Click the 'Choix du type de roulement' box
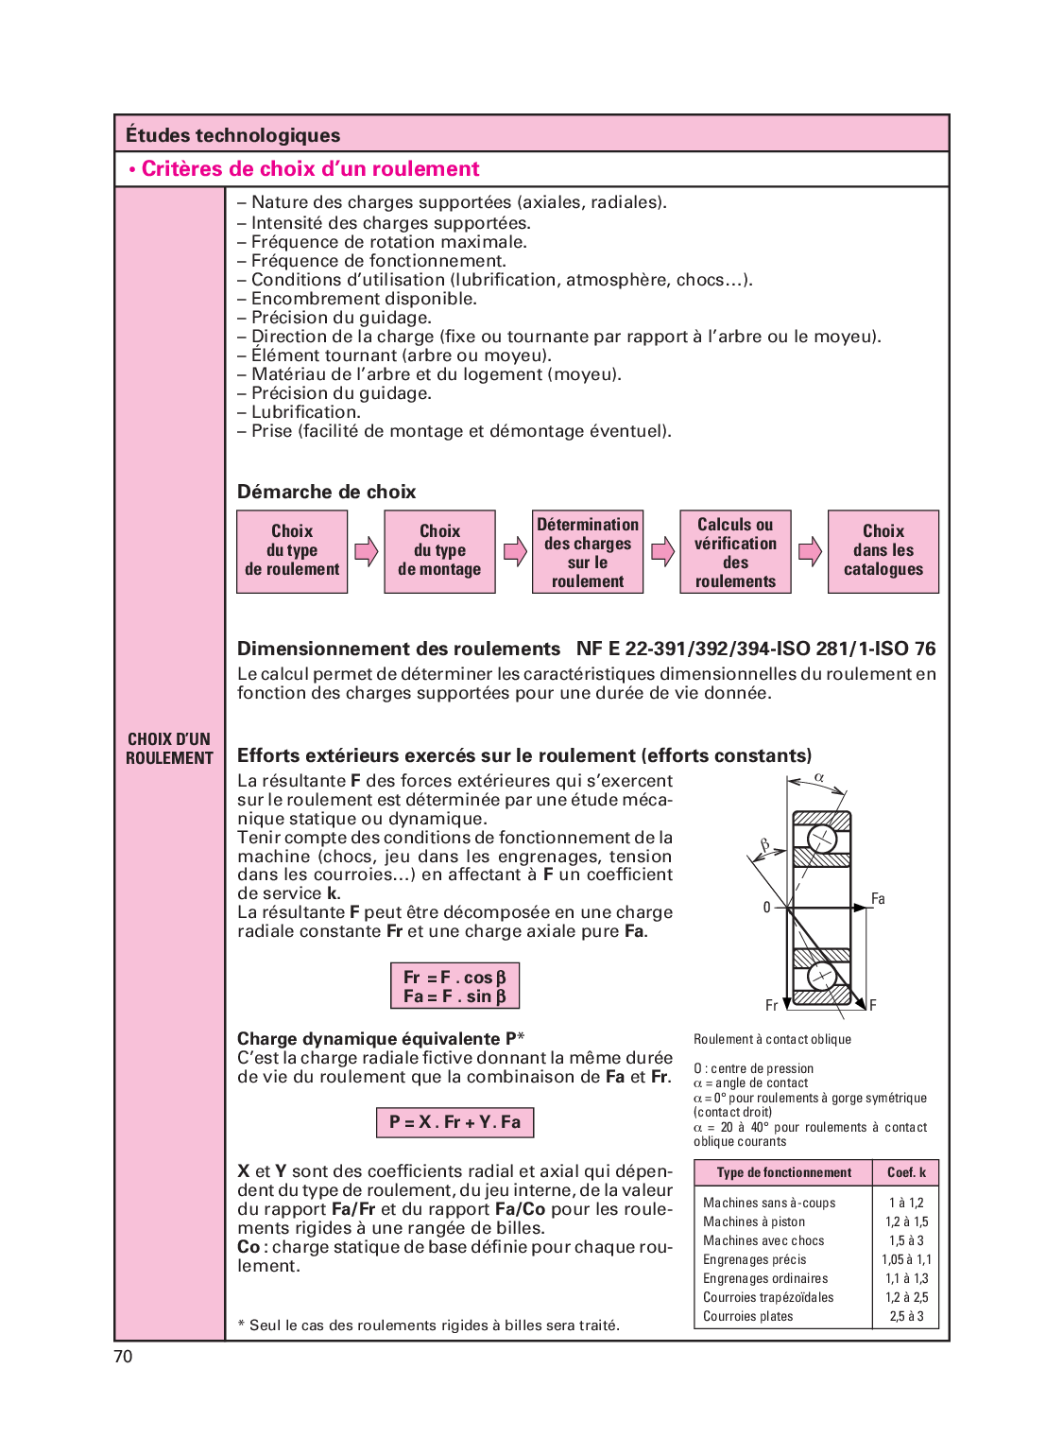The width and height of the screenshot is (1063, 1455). [292, 551]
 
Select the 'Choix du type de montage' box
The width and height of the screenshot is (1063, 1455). [439, 551]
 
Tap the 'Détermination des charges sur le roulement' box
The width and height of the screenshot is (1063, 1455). [588, 552]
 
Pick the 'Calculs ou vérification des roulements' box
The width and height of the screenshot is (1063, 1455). [735, 552]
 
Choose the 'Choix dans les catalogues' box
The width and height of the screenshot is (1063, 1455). [883, 551]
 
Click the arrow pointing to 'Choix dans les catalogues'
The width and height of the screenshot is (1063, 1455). [810, 551]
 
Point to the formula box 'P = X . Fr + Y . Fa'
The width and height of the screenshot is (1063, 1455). [454, 1122]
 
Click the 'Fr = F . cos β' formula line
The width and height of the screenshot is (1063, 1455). [454, 977]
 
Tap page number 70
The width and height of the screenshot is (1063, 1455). [123, 1357]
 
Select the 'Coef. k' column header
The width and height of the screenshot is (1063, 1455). [906, 1172]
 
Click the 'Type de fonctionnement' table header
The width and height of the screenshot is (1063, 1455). [783, 1172]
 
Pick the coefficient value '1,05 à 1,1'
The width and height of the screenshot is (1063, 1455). [906, 1259]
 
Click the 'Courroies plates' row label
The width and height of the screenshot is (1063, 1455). [748, 1316]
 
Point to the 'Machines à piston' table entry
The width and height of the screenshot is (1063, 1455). [754, 1221]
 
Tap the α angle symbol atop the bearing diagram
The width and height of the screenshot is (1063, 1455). [819, 777]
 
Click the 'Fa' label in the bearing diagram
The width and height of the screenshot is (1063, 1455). [878, 898]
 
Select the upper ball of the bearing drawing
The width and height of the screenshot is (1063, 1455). [822, 838]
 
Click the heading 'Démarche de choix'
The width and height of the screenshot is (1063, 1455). [326, 492]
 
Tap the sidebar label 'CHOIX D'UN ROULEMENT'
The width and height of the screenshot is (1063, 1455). [169, 748]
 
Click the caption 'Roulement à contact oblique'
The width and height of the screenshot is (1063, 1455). [772, 1039]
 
